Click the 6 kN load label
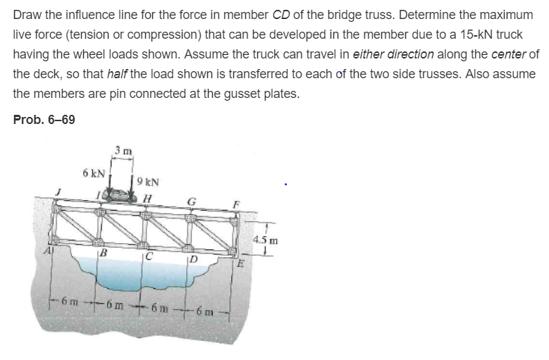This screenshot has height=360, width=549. [x=94, y=173]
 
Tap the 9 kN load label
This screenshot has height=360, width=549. [x=148, y=179]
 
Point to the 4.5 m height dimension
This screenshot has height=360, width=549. [x=269, y=240]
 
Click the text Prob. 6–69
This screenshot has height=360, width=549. [x=44, y=120]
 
